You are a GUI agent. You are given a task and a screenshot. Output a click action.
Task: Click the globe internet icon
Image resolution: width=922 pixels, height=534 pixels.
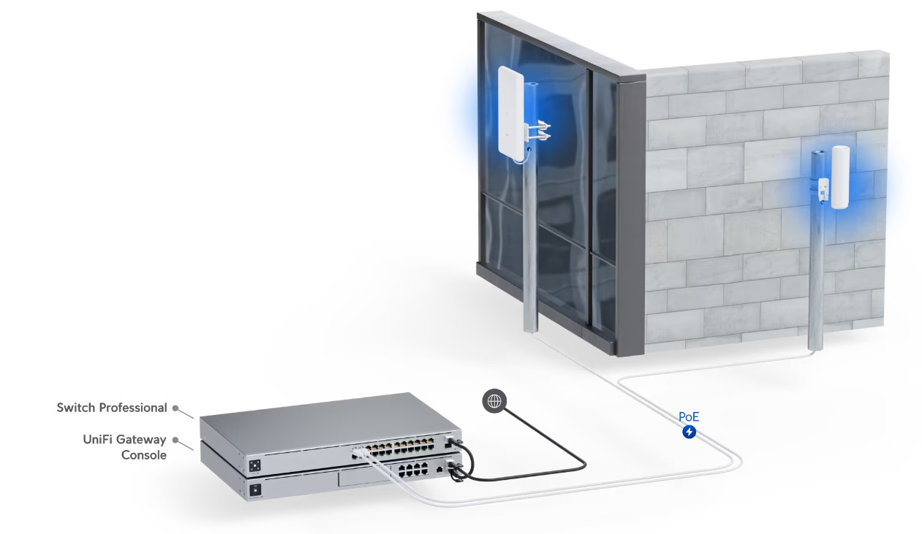(494, 401)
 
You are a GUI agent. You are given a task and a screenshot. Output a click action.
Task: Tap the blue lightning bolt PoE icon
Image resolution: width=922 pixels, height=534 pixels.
(689, 432)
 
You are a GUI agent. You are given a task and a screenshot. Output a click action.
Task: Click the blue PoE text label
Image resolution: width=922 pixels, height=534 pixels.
(689, 417)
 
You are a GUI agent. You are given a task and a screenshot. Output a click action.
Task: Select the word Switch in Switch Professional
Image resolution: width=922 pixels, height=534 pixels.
(76, 408)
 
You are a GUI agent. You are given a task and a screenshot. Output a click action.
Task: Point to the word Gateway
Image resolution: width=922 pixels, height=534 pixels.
(141, 440)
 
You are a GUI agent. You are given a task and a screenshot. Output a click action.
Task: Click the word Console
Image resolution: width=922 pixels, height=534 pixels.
(144, 455)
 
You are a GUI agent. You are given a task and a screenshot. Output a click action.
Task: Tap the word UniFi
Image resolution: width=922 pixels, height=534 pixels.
(97, 440)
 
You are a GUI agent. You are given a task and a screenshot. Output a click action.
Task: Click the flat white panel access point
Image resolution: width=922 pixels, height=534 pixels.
(510, 116)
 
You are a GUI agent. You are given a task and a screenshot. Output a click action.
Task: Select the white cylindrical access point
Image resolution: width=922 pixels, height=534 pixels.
(840, 178)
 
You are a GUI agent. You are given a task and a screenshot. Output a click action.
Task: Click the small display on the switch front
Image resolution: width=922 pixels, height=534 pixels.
(254, 466)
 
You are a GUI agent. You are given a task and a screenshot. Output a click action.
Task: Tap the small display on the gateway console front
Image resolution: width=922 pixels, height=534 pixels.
(255, 490)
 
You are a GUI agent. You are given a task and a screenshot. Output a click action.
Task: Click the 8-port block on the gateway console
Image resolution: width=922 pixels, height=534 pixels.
(413, 469)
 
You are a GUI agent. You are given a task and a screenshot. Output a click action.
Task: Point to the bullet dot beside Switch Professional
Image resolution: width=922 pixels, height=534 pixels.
(175, 408)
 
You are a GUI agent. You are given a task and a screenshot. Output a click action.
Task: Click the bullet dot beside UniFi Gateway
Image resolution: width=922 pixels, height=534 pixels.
(175, 440)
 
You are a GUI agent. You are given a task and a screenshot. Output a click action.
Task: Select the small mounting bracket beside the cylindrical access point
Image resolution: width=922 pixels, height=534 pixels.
(823, 191)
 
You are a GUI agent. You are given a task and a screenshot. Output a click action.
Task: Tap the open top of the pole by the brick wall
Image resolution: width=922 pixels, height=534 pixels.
(817, 153)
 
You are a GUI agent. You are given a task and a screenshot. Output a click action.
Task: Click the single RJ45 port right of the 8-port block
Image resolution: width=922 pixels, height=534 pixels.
(440, 469)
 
